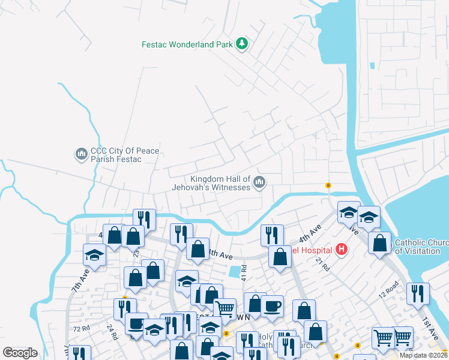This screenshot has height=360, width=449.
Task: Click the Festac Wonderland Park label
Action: (x=186, y=44)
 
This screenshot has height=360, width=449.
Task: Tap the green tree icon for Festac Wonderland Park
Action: (x=241, y=43)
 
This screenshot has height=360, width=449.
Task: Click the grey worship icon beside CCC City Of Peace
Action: (x=81, y=155)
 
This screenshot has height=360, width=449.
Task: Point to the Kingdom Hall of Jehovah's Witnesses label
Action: (x=220, y=183)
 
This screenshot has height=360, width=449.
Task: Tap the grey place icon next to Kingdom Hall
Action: (x=259, y=182)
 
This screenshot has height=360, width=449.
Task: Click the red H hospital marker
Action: (x=342, y=248)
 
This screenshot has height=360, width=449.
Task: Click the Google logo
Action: (x=20, y=352)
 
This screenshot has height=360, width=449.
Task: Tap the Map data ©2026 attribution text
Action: (x=423, y=355)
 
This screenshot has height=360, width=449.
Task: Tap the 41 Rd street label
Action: (x=244, y=272)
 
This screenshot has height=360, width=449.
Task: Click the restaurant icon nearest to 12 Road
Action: (x=417, y=294)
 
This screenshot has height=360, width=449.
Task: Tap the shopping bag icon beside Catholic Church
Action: (x=379, y=244)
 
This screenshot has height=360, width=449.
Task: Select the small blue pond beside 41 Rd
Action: (x=234, y=272)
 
